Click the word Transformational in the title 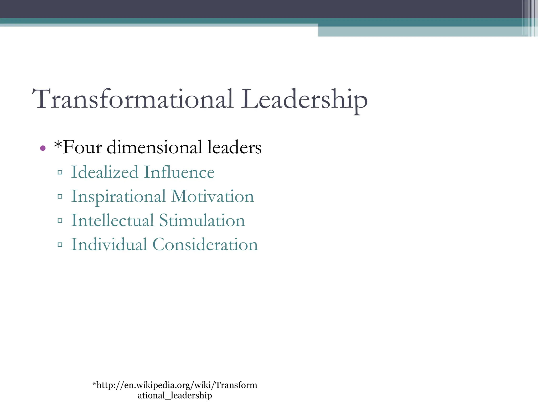point(133,99)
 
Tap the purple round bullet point point(43,148)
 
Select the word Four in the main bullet point(82,147)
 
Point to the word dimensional point(154,147)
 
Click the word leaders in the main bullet point(234,147)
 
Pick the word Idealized point(105,172)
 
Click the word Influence point(179,172)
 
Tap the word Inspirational point(118,197)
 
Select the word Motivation point(213,196)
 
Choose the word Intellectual point(112,220)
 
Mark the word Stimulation point(202,220)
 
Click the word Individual point(109,245)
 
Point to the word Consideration point(205,245)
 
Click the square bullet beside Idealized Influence point(60,173)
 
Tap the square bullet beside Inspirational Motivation point(60,196)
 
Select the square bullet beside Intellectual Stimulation point(60,221)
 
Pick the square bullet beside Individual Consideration point(60,245)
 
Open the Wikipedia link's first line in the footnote point(175,385)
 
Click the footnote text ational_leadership point(175,395)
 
